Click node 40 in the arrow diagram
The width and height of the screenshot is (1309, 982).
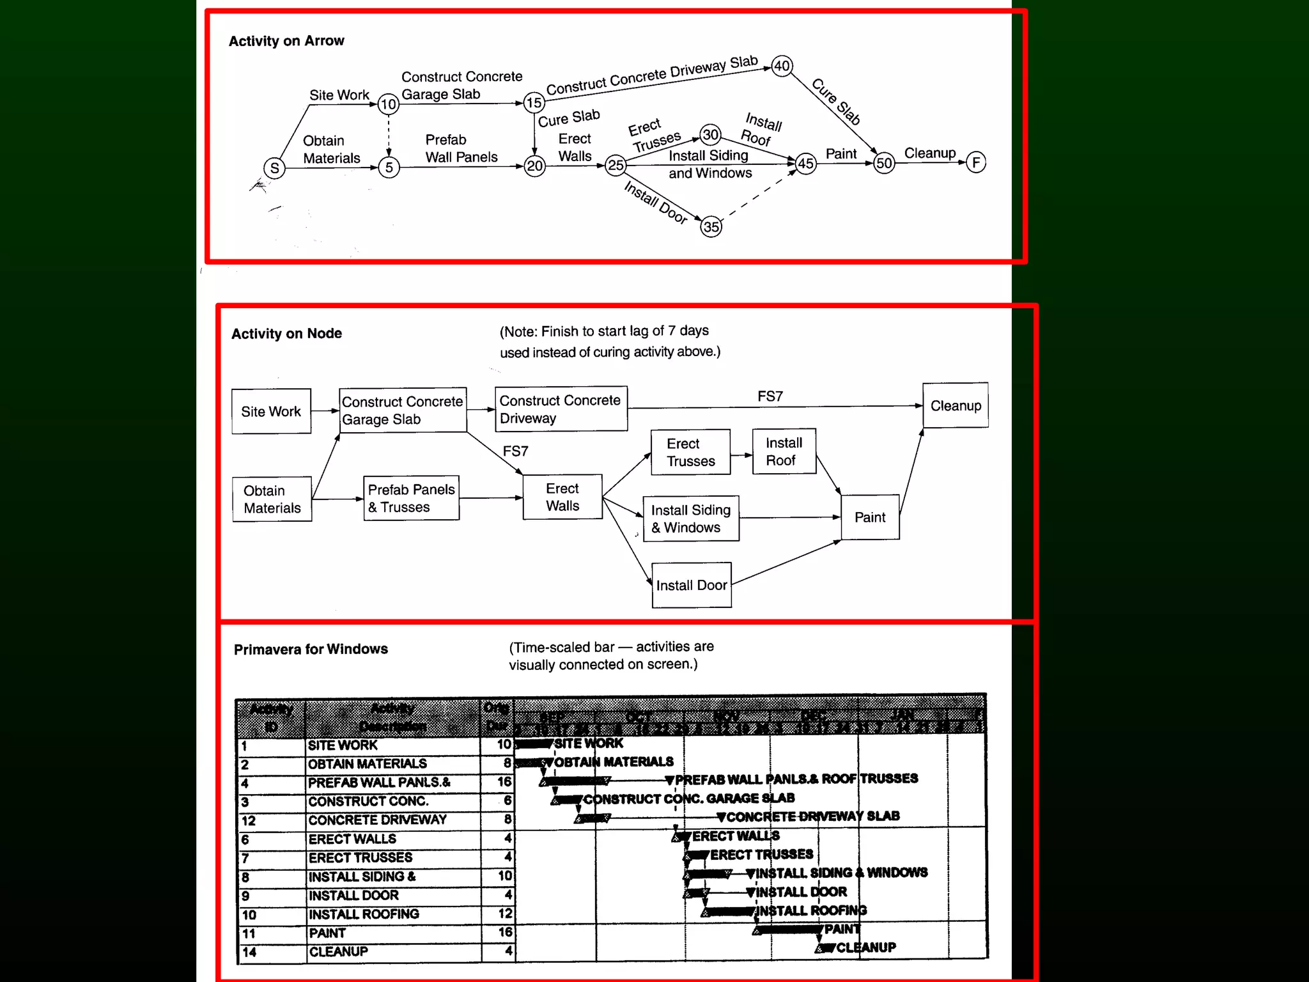[x=782, y=66]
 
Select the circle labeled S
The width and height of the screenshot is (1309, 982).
[x=274, y=168]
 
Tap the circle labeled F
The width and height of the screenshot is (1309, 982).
[x=975, y=162]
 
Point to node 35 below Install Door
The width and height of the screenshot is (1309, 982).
[x=711, y=227]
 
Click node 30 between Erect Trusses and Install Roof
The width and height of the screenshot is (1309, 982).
[x=710, y=135]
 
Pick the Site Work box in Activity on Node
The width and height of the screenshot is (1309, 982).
[x=271, y=412]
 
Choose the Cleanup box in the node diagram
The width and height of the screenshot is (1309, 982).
[x=956, y=405]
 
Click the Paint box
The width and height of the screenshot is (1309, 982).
[x=870, y=517]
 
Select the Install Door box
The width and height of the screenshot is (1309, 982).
[x=692, y=585]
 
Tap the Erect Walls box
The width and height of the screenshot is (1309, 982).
[x=562, y=497]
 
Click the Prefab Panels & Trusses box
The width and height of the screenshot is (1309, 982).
[x=412, y=498]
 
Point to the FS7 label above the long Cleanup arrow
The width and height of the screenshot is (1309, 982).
[x=770, y=396]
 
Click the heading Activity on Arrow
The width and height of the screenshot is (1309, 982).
[x=286, y=41]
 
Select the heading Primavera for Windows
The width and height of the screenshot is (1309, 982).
[x=311, y=650]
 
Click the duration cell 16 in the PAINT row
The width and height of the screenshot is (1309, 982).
[x=504, y=933]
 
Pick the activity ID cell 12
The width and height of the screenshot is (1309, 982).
[x=249, y=821]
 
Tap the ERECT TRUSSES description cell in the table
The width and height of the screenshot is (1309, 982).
[x=360, y=858]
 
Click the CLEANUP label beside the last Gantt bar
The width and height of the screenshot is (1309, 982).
[x=866, y=947]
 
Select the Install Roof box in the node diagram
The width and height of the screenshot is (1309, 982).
[x=784, y=451]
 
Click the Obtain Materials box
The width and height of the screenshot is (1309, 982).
[x=272, y=499]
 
